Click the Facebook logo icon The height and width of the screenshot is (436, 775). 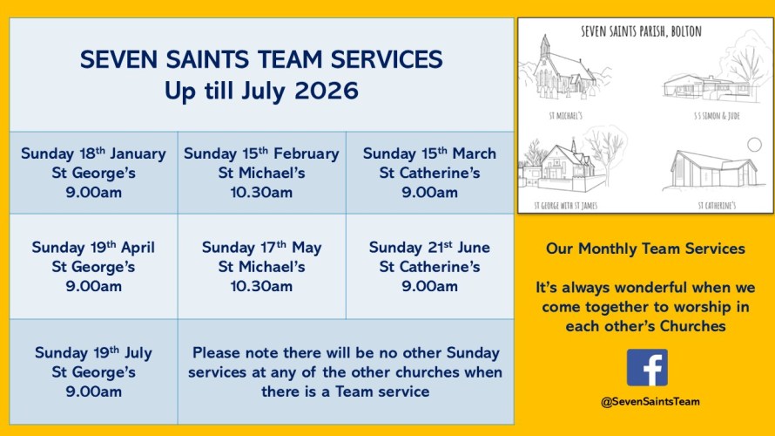[x=647, y=367]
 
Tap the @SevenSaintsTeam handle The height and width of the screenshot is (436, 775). [x=650, y=402]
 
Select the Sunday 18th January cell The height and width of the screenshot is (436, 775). [x=93, y=173]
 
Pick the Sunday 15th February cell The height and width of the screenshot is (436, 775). [x=261, y=173]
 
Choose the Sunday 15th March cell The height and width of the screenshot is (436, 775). [x=429, y=173]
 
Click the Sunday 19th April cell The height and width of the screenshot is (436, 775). [x=93, y=266]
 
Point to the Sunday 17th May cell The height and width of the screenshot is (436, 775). [x=261, y=266]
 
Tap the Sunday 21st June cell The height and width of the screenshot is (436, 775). [x=429, y=266]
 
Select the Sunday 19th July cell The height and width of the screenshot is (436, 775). [x=93, y=371]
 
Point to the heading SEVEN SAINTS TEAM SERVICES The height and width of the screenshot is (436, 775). [x=261, y=59]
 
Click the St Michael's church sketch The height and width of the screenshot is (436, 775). [x=563, y=68]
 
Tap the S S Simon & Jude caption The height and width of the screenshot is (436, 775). [x=717, y=116]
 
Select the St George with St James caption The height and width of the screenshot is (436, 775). [x=565, y=206]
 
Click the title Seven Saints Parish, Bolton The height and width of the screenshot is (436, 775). [x=641, y=31]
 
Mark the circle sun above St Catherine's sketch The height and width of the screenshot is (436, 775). [x=754, y=145]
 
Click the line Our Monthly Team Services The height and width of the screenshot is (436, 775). [x=645, y=249]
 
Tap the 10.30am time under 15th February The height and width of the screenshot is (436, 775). [x=261, y=192]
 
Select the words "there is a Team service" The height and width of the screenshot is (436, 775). [x=346, y=392]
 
